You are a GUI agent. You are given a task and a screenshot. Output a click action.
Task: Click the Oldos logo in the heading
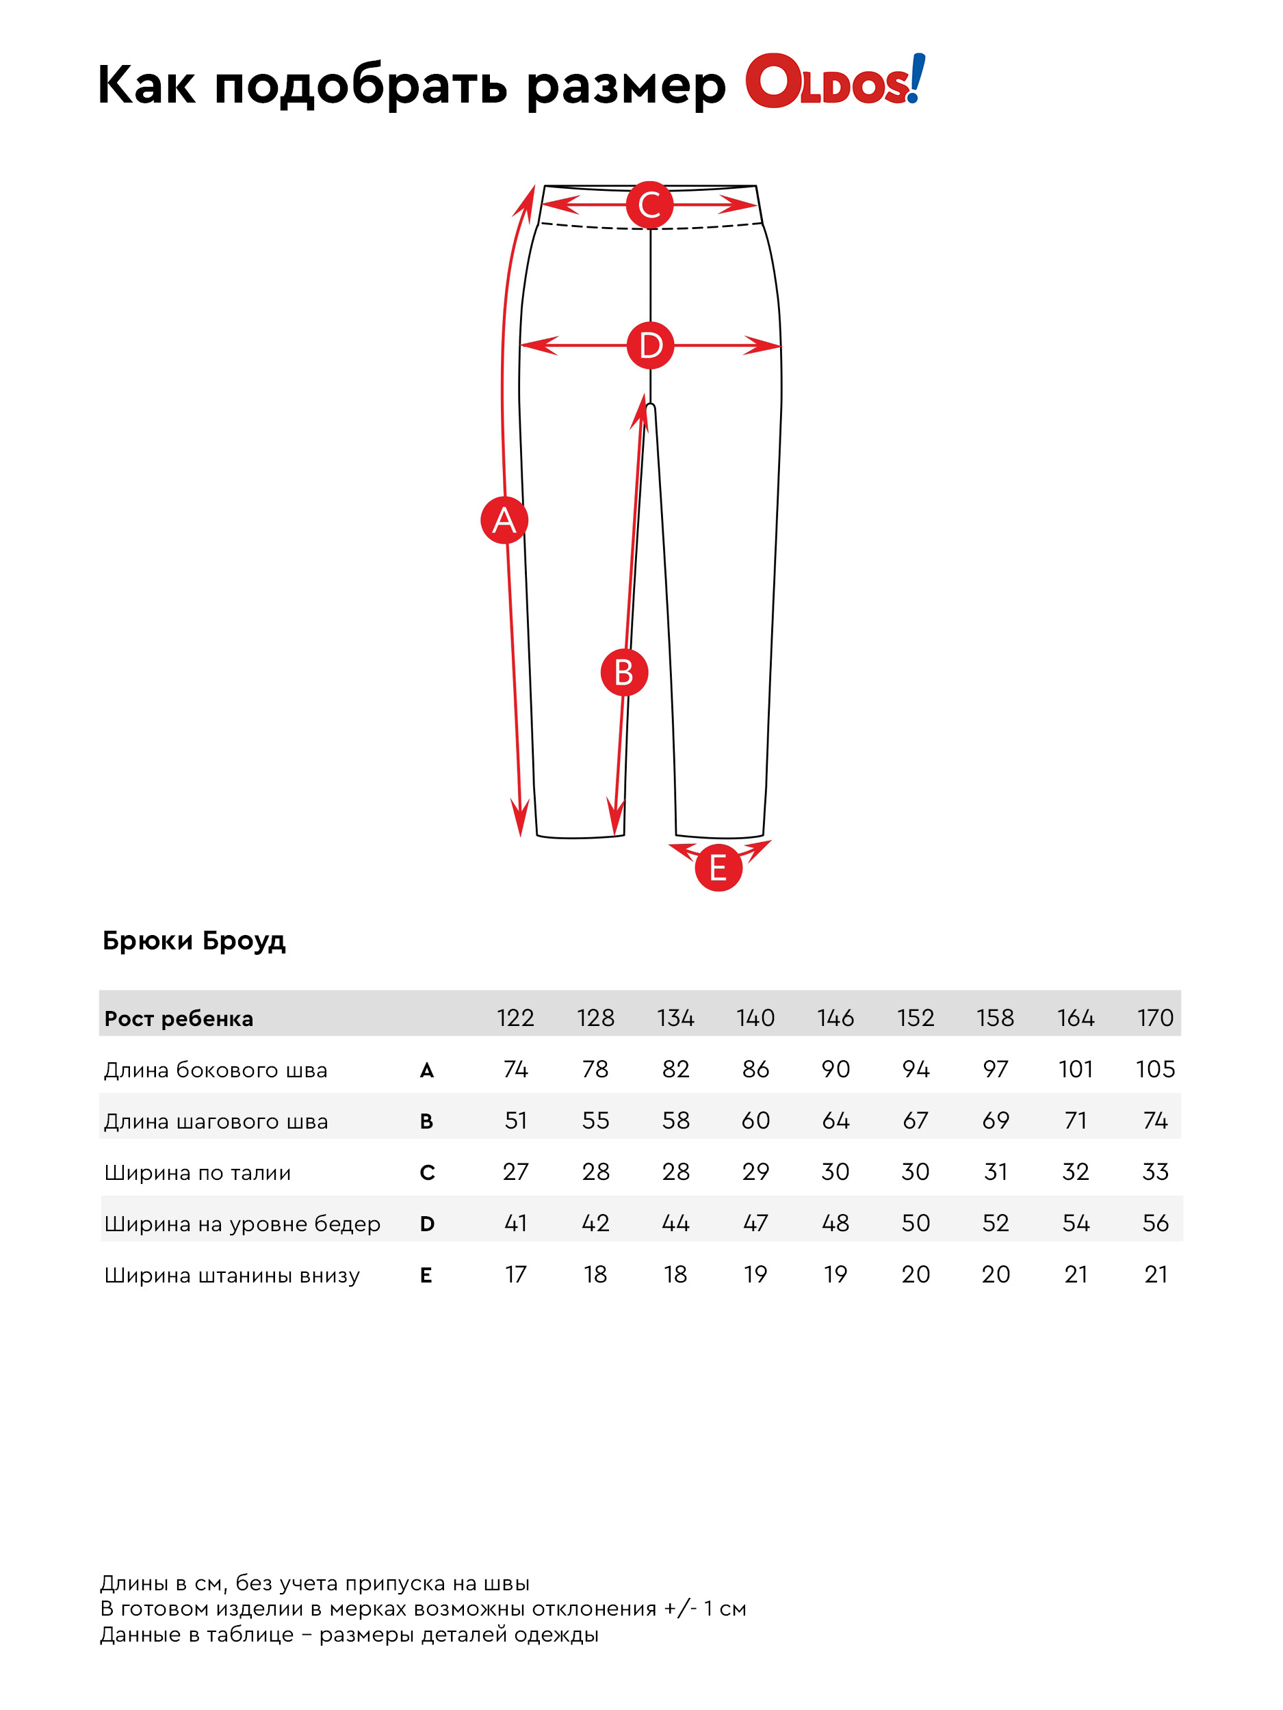(x=834, y=81)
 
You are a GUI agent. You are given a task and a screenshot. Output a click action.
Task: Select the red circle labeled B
(x=624, y=672)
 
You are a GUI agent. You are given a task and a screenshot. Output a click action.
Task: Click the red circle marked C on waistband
(x=649, y=205)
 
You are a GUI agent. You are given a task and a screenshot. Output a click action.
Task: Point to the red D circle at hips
(x=650, y=345)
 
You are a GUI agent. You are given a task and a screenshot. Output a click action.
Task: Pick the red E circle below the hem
(x=718, y=867)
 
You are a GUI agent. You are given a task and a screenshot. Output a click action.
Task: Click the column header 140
(x=755, y=1017)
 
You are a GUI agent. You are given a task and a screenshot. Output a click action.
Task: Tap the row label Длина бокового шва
(x=216, y=1070)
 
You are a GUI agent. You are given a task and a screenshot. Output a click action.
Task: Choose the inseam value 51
(x=515, y=1120)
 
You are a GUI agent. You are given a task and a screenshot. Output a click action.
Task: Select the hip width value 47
(x=755, y=1223)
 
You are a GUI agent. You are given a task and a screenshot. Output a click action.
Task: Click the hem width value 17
(x=515, y=1274)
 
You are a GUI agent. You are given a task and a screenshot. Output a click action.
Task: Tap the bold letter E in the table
(x=426, y=1276)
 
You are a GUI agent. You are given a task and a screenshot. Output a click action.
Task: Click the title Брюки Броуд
(x=194, y=941)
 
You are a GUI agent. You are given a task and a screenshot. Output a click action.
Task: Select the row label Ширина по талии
(x=198, y=1173)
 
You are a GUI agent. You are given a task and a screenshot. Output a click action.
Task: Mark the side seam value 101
(x=1075, y=1069)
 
